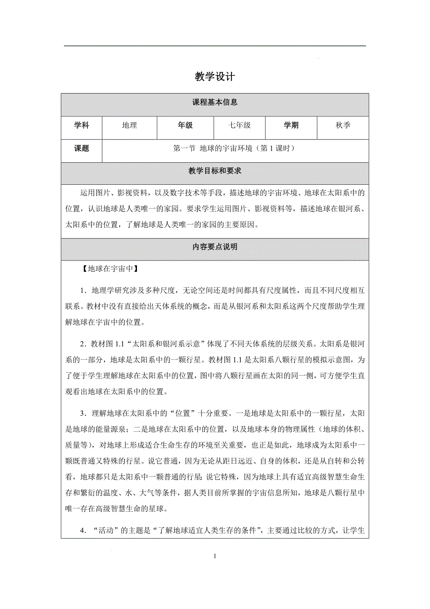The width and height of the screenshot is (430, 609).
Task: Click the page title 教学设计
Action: tap(215, 77)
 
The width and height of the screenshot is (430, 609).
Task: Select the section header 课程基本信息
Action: tap(215, 102)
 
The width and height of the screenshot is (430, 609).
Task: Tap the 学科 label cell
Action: tap(81, 125)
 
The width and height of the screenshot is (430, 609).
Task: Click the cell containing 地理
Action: tap(129, 125)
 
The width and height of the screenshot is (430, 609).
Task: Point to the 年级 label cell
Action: tap(185, 125)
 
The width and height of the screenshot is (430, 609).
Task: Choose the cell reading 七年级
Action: tap(239, 125)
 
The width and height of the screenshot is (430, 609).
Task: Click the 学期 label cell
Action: tap(291, 125)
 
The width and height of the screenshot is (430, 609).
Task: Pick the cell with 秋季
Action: tap(343, 125)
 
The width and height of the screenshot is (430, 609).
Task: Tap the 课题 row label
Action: tap(81, 149)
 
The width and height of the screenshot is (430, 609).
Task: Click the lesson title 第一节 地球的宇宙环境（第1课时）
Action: tap(234, 149)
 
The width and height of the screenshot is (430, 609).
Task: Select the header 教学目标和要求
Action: tap(215, 171)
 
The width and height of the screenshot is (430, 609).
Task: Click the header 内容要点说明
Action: tap(215, 246)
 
